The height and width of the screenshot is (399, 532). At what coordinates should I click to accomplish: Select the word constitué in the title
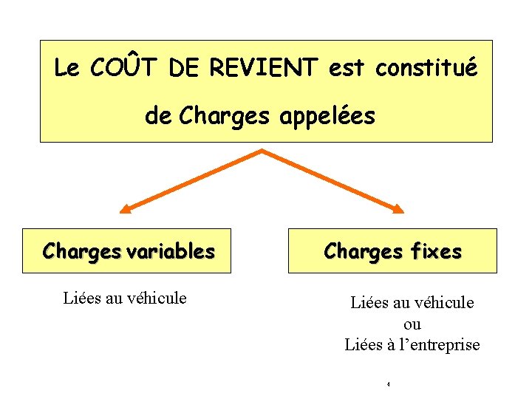[426, 69]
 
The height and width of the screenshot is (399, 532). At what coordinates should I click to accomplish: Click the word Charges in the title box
[215, 116]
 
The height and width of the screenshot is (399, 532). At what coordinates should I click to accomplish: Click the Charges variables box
[124, 250]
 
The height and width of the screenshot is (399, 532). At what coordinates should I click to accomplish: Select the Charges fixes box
[392, 250]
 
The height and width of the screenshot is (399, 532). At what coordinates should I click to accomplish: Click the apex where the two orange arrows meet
[261, 151]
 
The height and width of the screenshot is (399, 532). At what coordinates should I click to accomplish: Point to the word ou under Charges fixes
[412, 324]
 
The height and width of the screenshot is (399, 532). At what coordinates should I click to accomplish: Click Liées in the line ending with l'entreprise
[362, 344]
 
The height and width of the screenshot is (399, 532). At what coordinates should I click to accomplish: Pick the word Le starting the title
[66, 69]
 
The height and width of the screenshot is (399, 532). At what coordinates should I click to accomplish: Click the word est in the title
[347, 69]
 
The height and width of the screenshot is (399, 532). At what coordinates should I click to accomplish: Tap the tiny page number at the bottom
[388, 384]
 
